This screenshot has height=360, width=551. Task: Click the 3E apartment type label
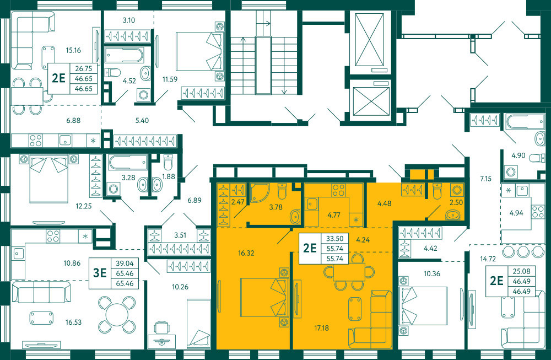click(x=99, y=272)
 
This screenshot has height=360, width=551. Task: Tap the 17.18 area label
click(x=322, y=328)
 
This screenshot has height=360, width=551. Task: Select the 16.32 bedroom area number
click(x=246, y=253)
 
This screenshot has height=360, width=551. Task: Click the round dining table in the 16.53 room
click(x=117, y=315)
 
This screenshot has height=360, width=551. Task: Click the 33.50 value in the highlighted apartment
click(x=334, y=239)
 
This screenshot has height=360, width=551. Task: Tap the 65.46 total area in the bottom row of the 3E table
click(x=125, y=283)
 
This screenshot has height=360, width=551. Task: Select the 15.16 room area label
click(x=73, y=50)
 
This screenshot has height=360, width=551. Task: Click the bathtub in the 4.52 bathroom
click(x=124, y=55)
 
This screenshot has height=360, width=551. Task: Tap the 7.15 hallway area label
click(x=485, y=179)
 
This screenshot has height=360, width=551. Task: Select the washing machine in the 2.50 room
click(x=457, y=190)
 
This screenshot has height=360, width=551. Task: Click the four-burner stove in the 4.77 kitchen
click(x=338, y=190)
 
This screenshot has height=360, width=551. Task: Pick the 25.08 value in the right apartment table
click(x=521, y=271)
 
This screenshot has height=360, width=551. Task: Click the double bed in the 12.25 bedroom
click(x=49, y=179)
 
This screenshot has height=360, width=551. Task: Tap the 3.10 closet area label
click(x=128, y=20)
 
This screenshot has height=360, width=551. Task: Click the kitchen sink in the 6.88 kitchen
click(x=65, y=140)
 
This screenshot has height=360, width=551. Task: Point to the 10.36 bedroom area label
click(x=431, y=273)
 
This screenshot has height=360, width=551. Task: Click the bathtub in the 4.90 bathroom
click(x=525, y=122)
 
